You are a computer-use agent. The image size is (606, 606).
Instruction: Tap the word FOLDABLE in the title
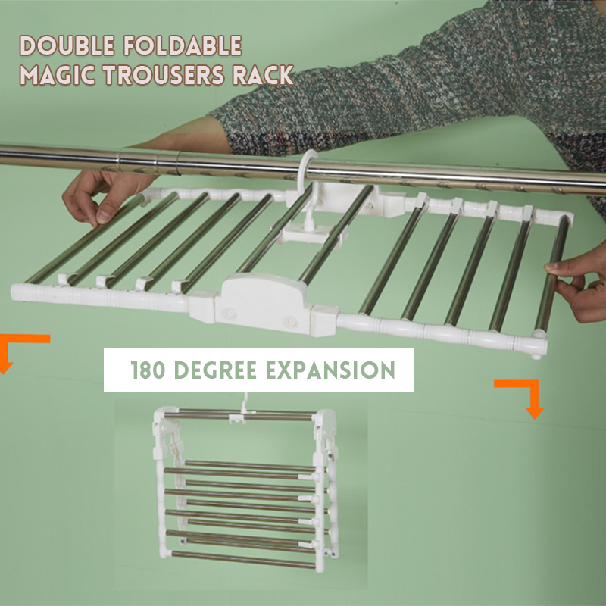[x=183, y=45]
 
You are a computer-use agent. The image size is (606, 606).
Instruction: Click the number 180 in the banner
[x=148, y=370]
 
